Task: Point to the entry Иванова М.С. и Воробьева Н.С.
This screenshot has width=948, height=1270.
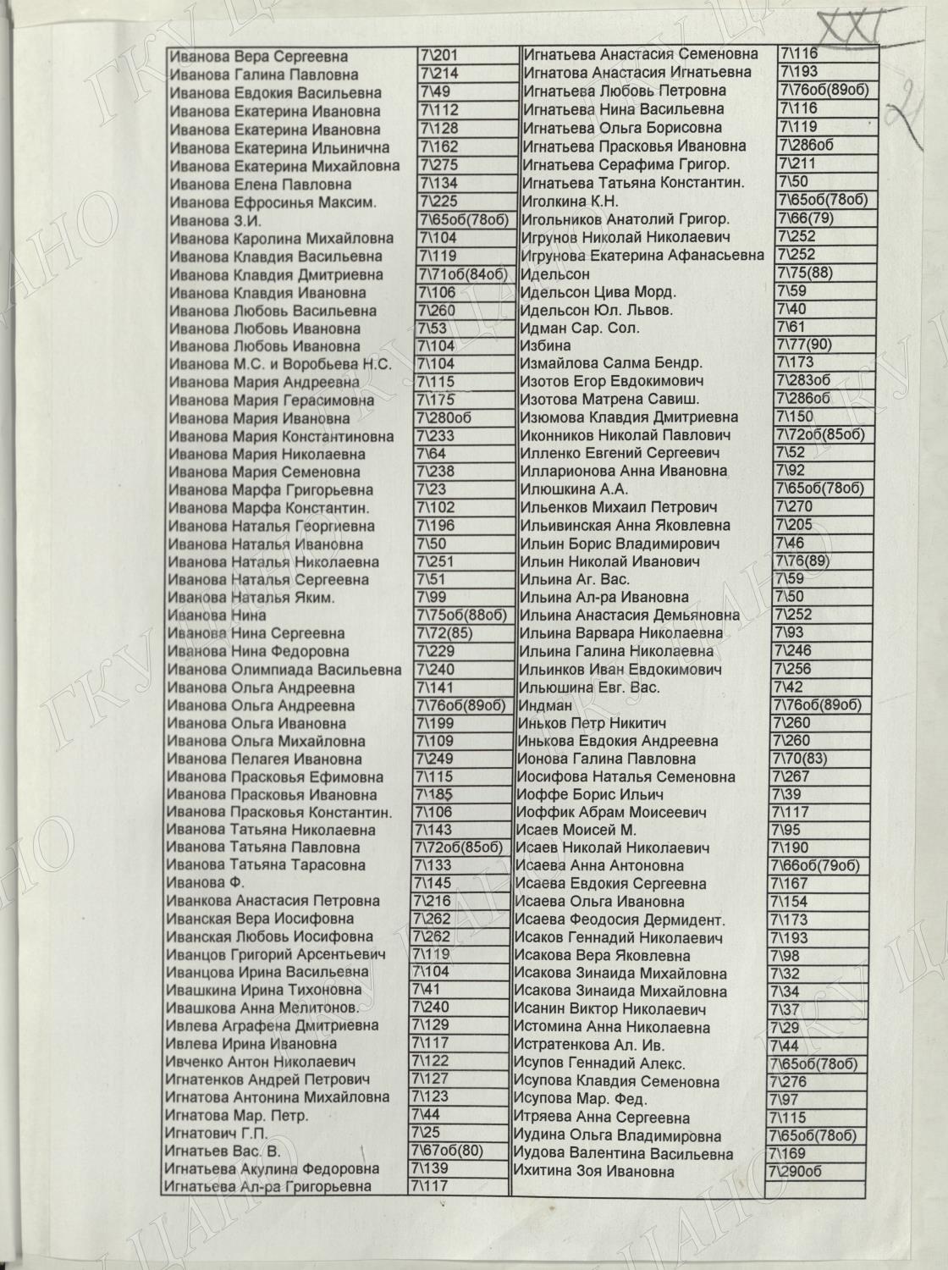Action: point(280,365)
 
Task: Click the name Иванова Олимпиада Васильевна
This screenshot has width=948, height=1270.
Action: point(284,670)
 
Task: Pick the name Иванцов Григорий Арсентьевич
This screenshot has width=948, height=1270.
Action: point(276,954)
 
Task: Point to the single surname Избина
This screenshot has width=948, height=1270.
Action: point(545,345)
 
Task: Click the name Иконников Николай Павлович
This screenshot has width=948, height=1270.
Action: point(626,435)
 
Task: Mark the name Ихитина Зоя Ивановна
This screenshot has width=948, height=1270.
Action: point(594,1172)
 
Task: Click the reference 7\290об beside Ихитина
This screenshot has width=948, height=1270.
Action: point(796,1172)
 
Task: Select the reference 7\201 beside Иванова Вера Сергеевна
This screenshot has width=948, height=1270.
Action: point(438,56)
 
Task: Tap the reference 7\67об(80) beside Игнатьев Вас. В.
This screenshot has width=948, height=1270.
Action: point(446,1150)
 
